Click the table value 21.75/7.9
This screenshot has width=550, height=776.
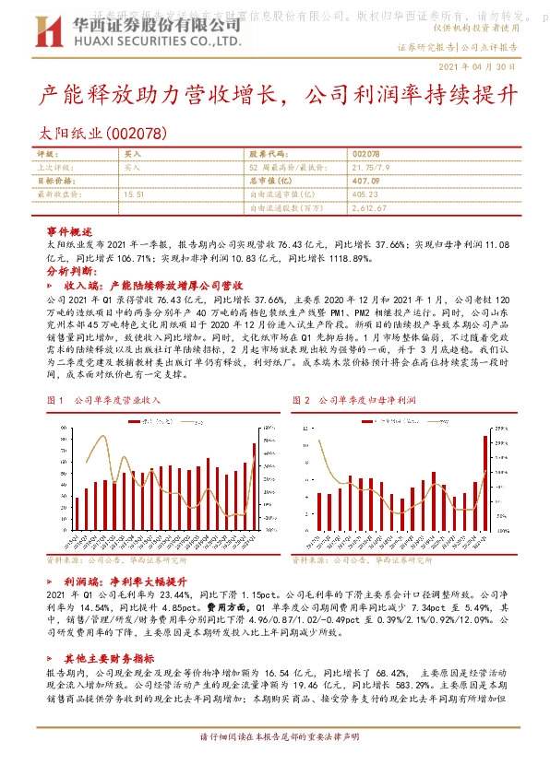pyautogui.click(x=374, y=169)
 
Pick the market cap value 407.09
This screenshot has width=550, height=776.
pyautogui.click(x=366, y=182)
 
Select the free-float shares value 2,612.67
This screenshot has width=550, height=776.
pyautogui.click(x=370, y=208)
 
